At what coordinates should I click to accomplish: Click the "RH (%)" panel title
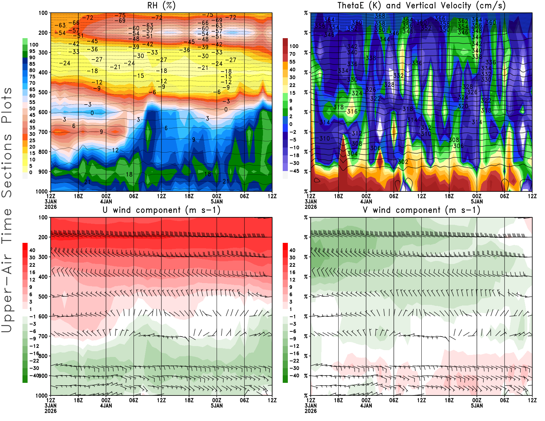[161, 6]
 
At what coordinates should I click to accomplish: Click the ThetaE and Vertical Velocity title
[421, 6]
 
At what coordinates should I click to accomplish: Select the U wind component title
[161, 210]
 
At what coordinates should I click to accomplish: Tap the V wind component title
[421, 210]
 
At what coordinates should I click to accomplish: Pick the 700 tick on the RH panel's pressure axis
[43, 132]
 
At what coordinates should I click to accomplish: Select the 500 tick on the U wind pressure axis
[43, 297]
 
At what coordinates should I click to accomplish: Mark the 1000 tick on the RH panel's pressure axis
[42, 191]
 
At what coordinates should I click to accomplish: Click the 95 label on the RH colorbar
[32, 51]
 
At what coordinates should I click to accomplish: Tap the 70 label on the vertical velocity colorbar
[292, 54]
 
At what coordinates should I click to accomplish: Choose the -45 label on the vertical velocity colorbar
[294, 171]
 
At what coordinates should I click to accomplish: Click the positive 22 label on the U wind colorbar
[32, 265]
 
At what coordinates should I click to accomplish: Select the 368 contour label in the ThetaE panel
[380, 16]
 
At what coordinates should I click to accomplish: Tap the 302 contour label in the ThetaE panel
[403, 162]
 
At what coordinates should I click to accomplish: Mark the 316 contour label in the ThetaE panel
[352, 111]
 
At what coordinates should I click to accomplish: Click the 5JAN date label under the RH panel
[217, 201]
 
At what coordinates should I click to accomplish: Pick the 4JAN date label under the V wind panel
[366, 406]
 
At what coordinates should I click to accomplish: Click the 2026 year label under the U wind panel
[50, 411]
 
